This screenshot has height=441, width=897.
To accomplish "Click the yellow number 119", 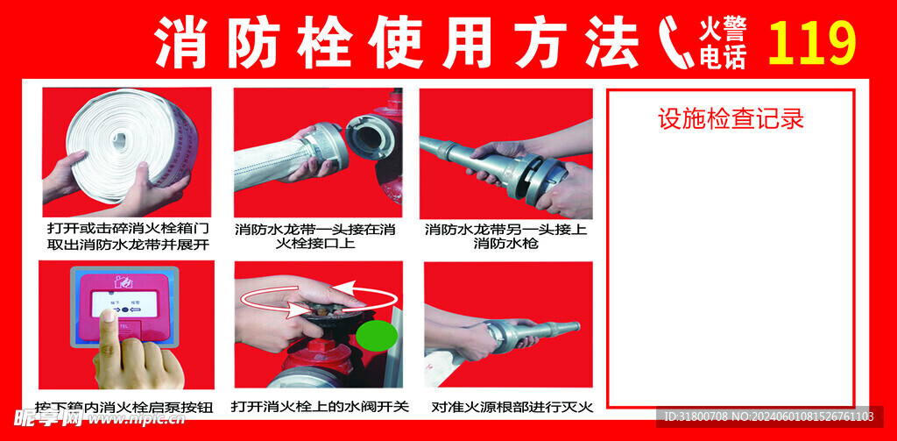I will (811, 43).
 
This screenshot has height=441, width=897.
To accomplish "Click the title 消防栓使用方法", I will (396, 44).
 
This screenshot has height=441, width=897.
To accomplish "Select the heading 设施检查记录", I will (731, 118).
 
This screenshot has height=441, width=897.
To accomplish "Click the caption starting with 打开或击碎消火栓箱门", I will (128, 236).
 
